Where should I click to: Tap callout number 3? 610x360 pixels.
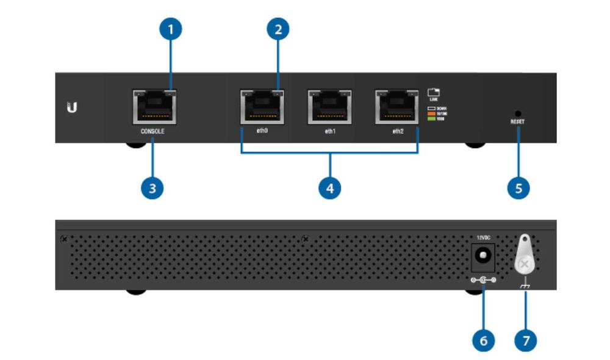point(152,187)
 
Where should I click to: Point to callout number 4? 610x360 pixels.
point(330,187)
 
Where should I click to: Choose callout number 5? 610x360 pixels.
point(518,187)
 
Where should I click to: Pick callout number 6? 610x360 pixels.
point(483,340)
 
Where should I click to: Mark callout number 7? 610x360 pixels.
point(525,340)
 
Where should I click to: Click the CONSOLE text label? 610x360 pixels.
point(152,131)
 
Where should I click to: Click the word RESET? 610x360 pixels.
point(518,122)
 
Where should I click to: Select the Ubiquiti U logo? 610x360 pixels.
point(72,109)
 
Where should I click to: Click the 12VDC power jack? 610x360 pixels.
point(483,256)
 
